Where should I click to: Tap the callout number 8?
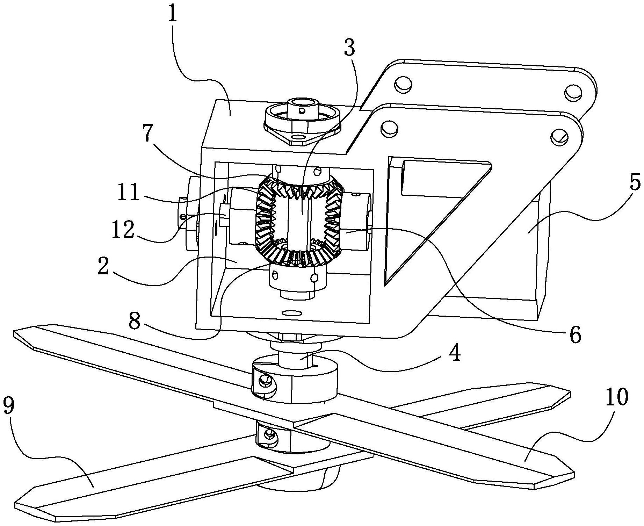[x=135, y=320]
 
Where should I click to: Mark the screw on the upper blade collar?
[x=265, y=380]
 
